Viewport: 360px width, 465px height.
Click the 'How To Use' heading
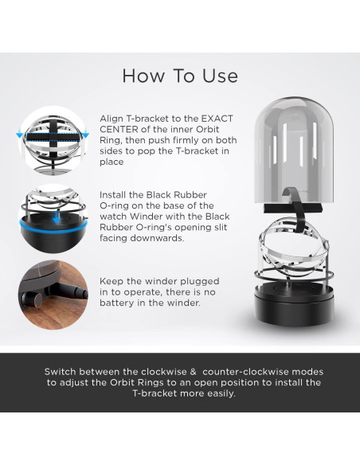coord(180,76)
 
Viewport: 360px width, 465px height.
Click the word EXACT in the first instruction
coord(217,119)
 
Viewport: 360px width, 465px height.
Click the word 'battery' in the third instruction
coord(116,303)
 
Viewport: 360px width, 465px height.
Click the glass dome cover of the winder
coord(294,150)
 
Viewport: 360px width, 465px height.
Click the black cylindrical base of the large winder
coord(294,306)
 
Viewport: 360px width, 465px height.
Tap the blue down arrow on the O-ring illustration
coord(56,218)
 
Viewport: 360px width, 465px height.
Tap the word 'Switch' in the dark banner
coord(61,372)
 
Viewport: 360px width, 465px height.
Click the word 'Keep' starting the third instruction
coord(112,281)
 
